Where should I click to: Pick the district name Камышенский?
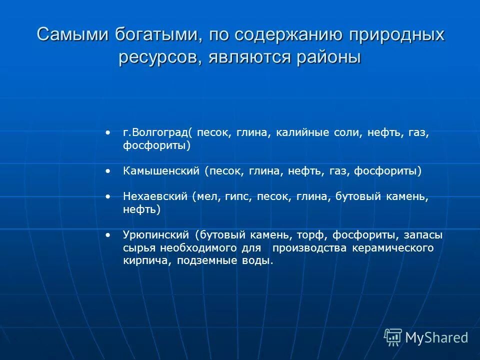[x=161, y=171]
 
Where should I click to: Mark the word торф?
[x=309, y=235]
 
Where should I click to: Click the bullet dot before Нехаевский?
[x=108, y=197]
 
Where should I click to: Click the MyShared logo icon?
[x=392, y=337]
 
